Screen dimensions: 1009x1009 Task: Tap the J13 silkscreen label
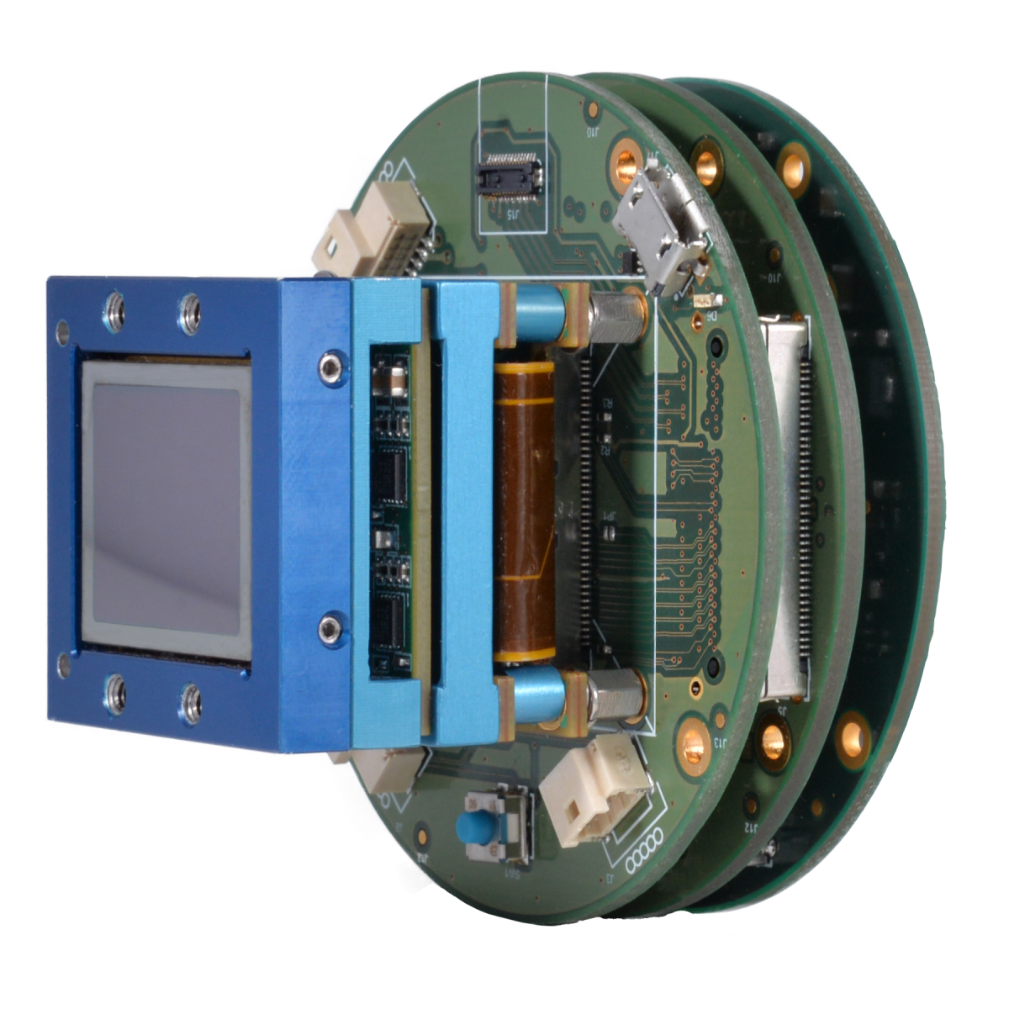tap(720, 743)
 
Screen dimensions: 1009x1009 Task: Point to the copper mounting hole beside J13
tap(694, 740)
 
